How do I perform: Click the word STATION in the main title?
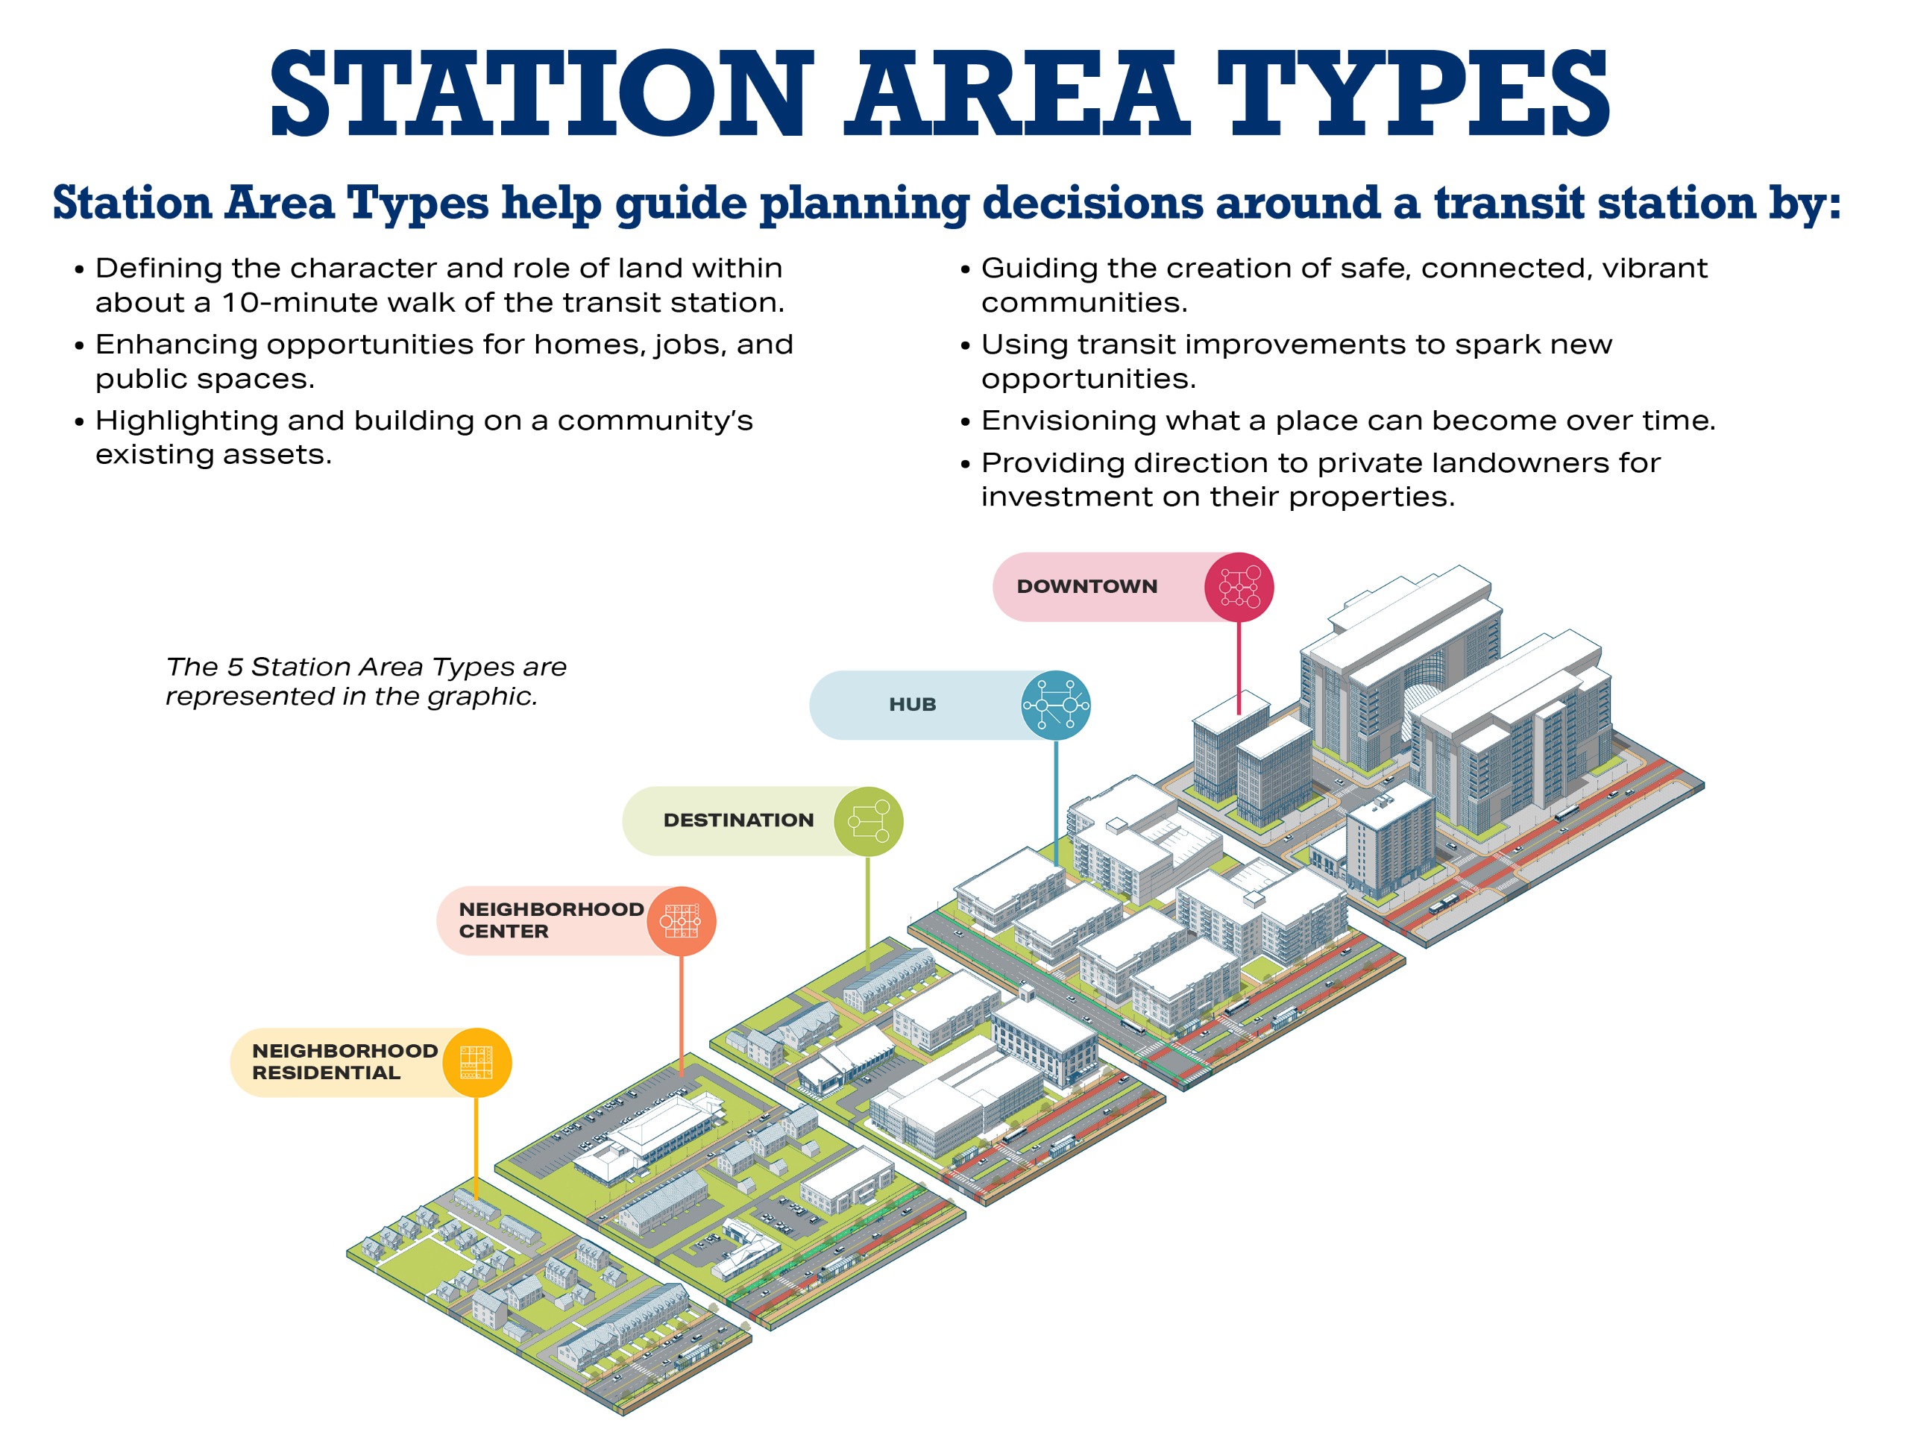tap(541, 92)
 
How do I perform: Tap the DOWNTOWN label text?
tap(1086, 587)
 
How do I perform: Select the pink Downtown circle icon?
tap(1239, 587)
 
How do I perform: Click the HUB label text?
tap(912, 706)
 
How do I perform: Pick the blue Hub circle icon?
tap(1055, 706)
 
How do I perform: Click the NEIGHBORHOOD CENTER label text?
tap(550, 920)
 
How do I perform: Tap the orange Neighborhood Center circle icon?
tap(681, 921)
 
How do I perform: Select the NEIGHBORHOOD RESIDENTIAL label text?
tap(345, 1062)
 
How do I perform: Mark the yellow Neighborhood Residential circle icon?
tap(477, 1063)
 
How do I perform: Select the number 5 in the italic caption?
tap(234, 668)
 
